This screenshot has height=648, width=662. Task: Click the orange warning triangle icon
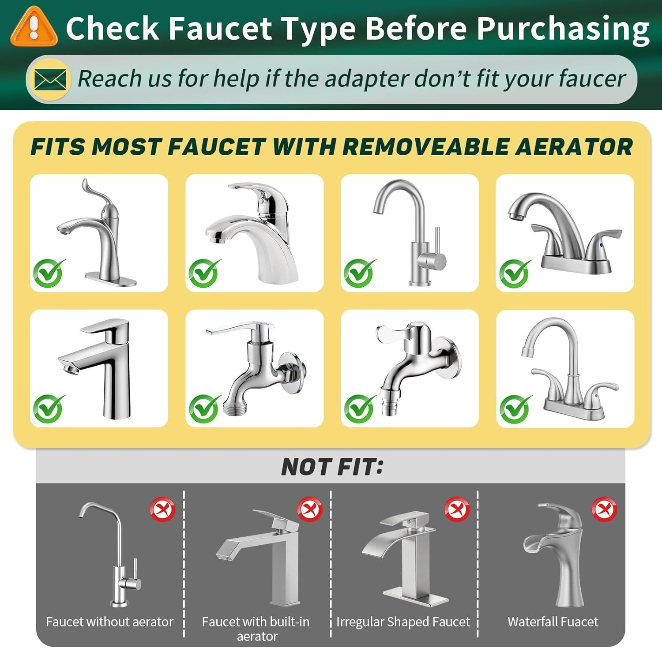pos(34,27)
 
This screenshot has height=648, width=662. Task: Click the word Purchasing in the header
pos(563,29)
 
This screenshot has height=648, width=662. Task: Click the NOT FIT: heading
pos(332,467)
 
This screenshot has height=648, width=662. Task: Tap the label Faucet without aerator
pos(109,622)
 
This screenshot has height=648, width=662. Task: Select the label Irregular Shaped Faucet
pos(403,622)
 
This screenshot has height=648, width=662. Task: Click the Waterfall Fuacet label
pos(553,622)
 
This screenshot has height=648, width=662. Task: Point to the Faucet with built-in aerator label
pos(256,629)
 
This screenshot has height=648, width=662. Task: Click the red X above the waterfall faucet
pos(604,509)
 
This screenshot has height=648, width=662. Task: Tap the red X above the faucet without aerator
pos(162,509)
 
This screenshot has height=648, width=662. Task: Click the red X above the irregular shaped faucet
pos(457,509)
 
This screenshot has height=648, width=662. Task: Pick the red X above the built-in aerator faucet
pos(309,509)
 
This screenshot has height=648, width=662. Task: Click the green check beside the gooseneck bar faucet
pos(359,273)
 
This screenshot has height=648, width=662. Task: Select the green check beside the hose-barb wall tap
pos(359,408)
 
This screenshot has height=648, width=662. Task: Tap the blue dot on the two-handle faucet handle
pos(601,245)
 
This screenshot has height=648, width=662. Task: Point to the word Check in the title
pos(113,28)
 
